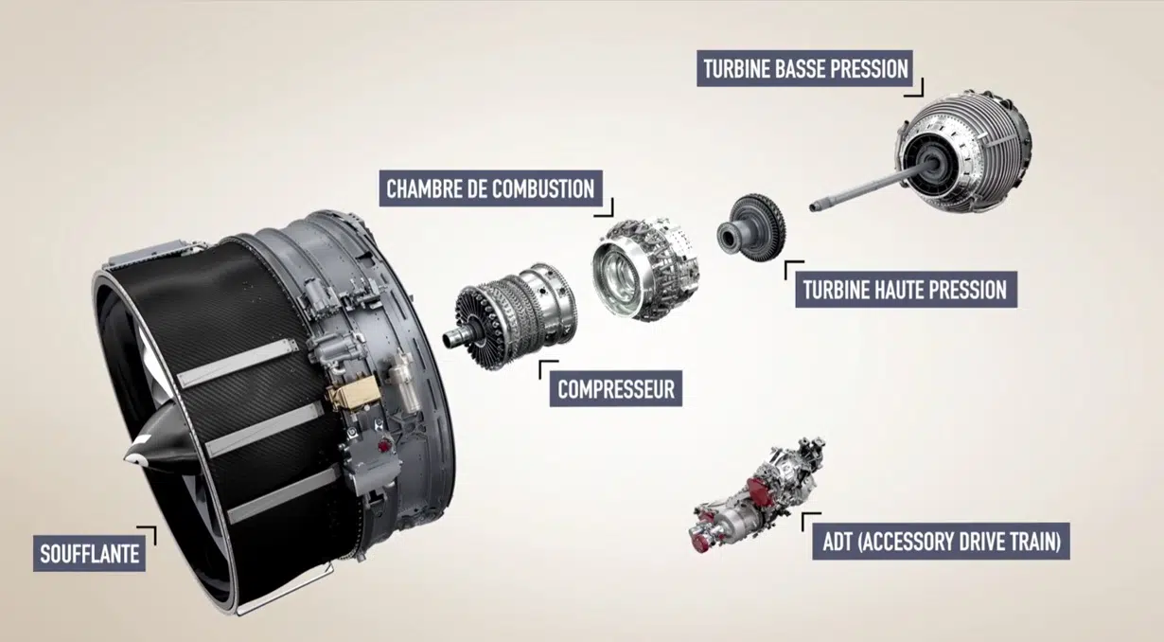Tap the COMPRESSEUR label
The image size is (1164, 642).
615,388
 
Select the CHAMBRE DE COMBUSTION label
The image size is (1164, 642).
490,187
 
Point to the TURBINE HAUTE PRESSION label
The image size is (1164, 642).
905,289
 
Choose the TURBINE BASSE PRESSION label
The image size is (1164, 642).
804,69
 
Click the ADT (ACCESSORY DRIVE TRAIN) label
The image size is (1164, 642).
941,542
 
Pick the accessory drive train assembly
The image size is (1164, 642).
757,492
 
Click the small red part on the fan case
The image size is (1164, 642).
383,443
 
